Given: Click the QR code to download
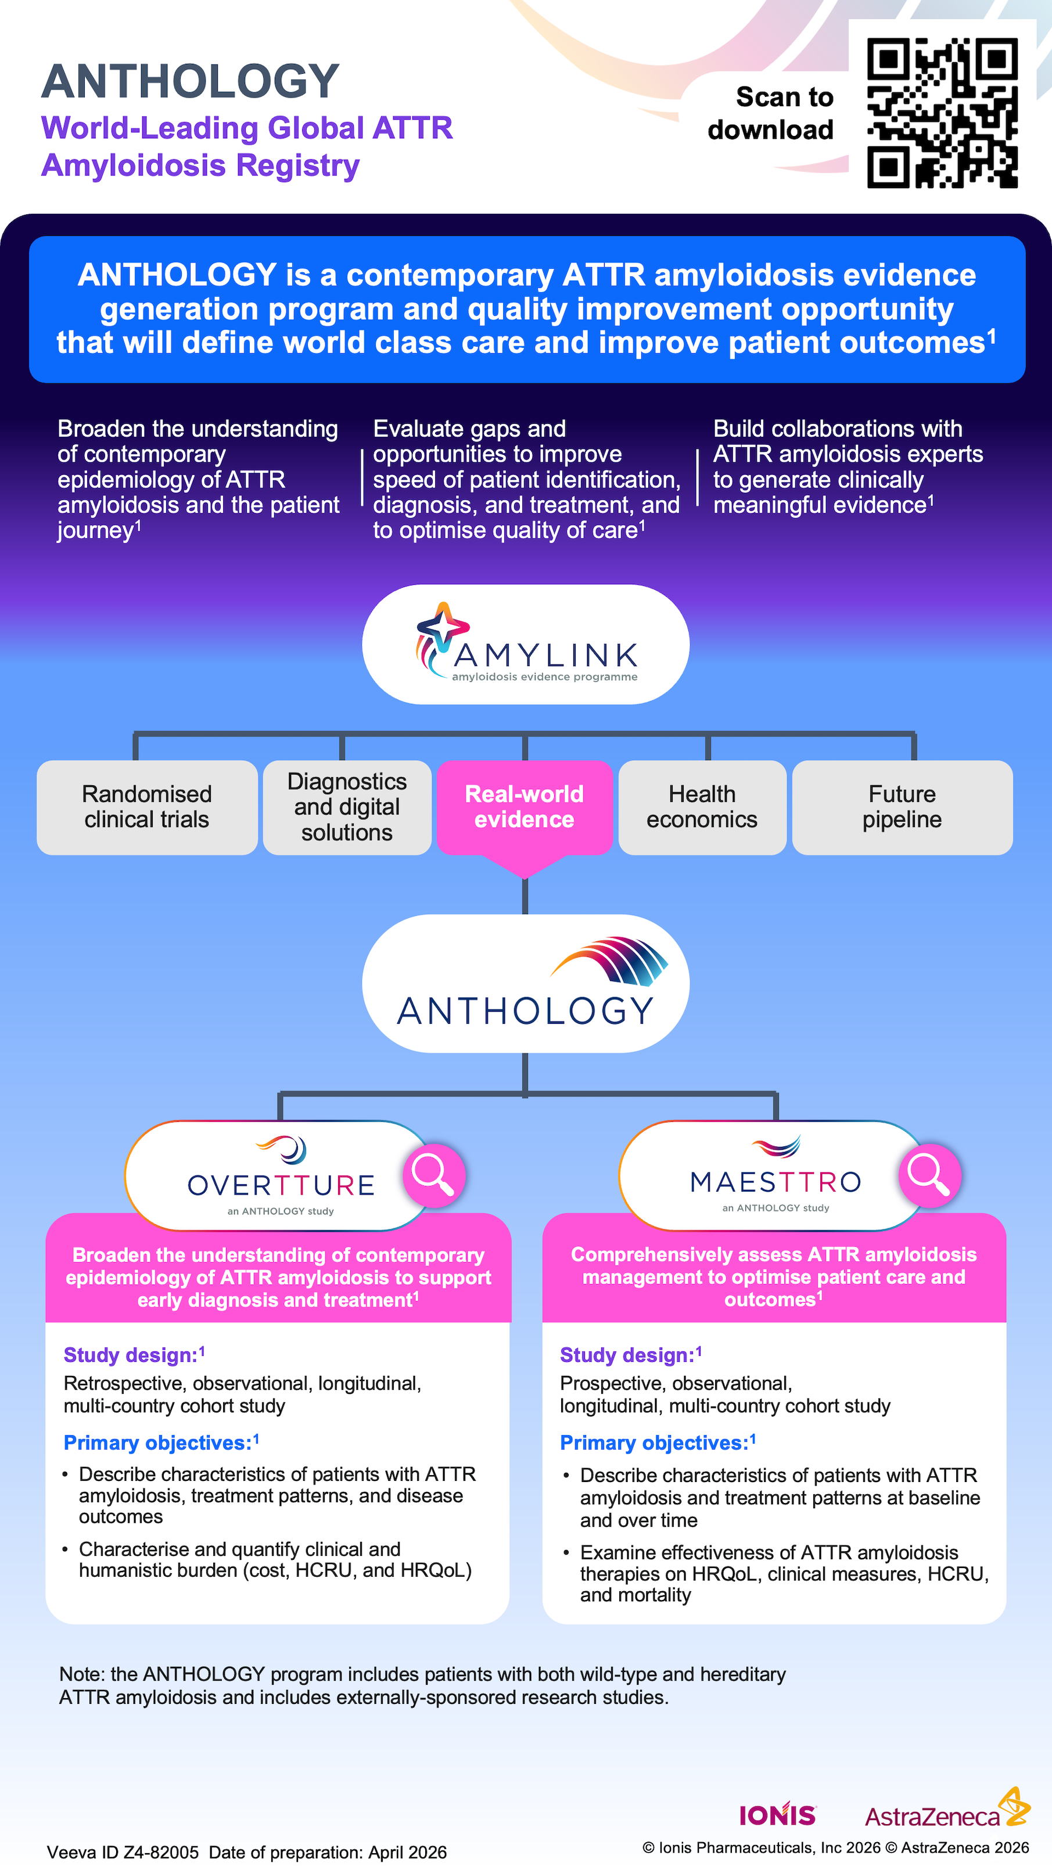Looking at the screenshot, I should [942, 113].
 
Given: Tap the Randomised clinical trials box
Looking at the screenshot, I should [146, 807].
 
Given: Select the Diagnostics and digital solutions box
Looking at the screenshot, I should [347, 807].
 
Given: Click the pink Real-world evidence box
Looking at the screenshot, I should [524, 807].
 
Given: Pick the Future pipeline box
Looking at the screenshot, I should [902, 807].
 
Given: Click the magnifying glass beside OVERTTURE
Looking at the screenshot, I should [433, 1174].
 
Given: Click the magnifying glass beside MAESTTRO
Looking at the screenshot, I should [929, 1174].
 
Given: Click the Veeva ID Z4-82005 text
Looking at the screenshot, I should [123, 1851].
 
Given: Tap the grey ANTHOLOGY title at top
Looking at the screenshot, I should [190, 81].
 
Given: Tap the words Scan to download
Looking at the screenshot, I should [771, 113].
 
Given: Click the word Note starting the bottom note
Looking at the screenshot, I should [81, 1674].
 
